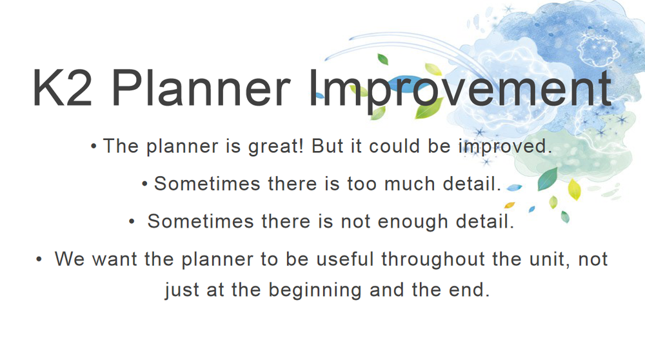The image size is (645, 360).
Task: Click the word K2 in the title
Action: [x=63, y=88]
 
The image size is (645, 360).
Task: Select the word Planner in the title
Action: [x=201, y=88]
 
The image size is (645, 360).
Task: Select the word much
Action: [x=410, y=184]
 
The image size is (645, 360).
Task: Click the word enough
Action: [x=413, y=222]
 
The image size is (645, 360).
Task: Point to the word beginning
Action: [x=315, y=290]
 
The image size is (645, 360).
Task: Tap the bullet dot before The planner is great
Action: [x=94, y=146]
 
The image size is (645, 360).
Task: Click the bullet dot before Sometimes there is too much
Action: [x=144, y=185]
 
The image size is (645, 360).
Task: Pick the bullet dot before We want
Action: [x=39, y=259]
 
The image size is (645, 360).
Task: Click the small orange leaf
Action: [x=510, y=205]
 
